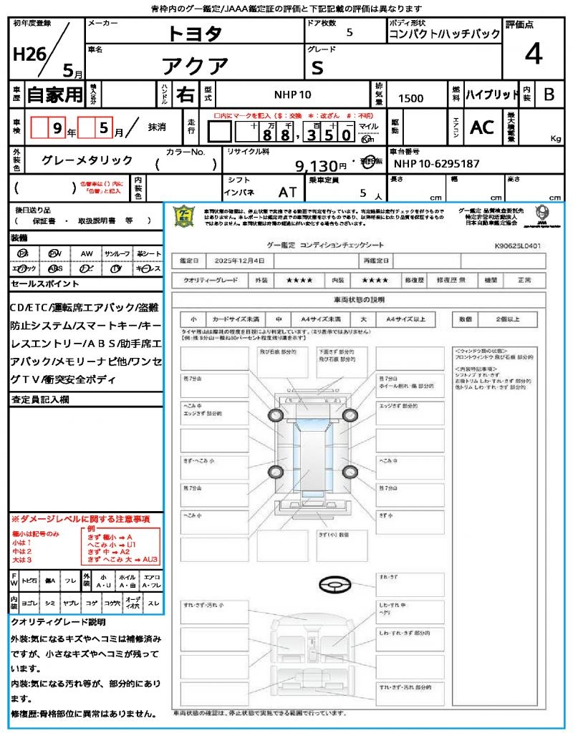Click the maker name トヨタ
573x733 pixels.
tap(195, 34)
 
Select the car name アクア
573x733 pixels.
tap(194, 66)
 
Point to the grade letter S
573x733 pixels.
tap(317, 67)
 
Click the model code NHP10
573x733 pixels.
tap(292, 95)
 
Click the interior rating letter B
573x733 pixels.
tap(548, 94)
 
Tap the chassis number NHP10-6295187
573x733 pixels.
tap(437, 163)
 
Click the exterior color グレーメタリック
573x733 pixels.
tap(87, 160)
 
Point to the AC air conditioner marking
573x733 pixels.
tap(482, 127)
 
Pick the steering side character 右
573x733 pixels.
tap(185, 94)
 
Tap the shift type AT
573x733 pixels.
tap(287, 193)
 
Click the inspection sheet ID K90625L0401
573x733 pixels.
tap(517, 245)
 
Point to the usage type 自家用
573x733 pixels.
tap(55, 94)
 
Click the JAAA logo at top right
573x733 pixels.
tap(542, 214)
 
